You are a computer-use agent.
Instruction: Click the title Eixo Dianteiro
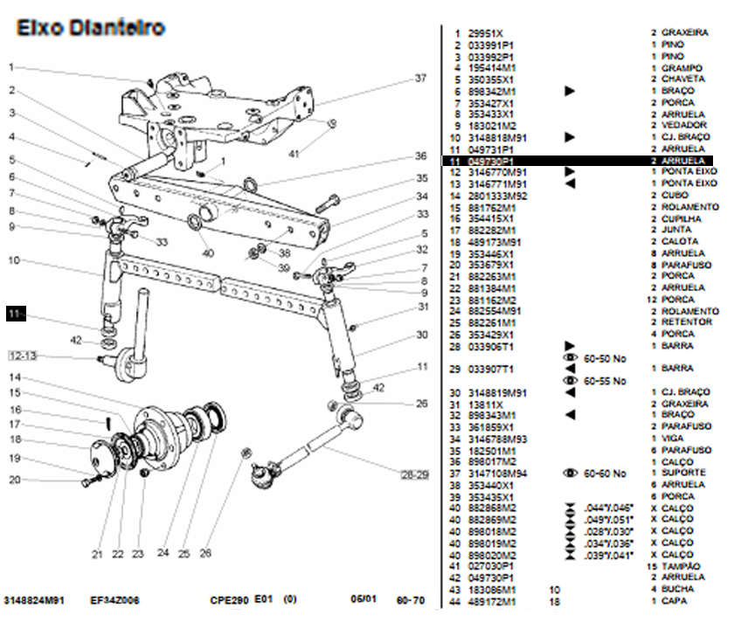[x=90, y=28]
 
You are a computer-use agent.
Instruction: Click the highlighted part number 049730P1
[x=491, y=162]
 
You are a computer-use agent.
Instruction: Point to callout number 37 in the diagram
[x=420, y=79]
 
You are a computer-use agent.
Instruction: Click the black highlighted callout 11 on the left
[x=16, y=313]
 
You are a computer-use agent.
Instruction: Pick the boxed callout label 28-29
[x=414, y=474]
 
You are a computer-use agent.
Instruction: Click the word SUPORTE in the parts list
[x=682, y=473]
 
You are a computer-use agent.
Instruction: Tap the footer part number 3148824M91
[x=34, y=601]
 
